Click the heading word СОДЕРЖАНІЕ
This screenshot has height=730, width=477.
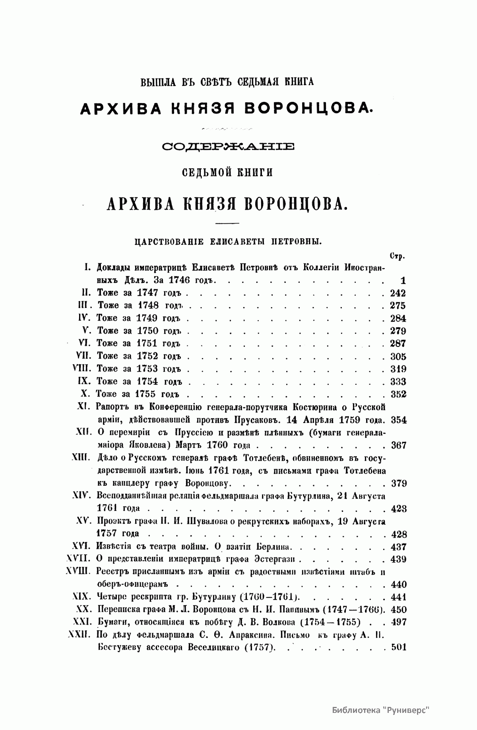(x=228, y=147)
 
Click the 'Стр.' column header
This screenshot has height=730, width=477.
(x=397, y=256)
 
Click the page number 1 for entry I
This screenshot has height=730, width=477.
(x=403, y=281)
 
